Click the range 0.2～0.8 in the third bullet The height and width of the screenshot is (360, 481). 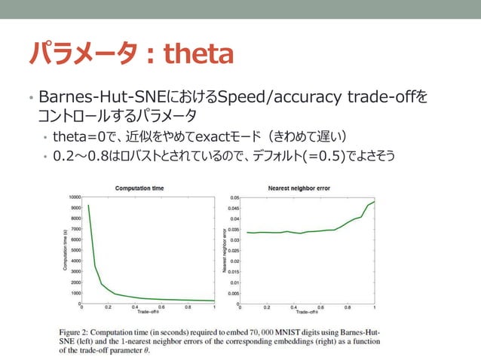80,157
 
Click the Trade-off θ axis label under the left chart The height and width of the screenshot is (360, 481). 148,312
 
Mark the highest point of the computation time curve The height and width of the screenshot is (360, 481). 88,206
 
